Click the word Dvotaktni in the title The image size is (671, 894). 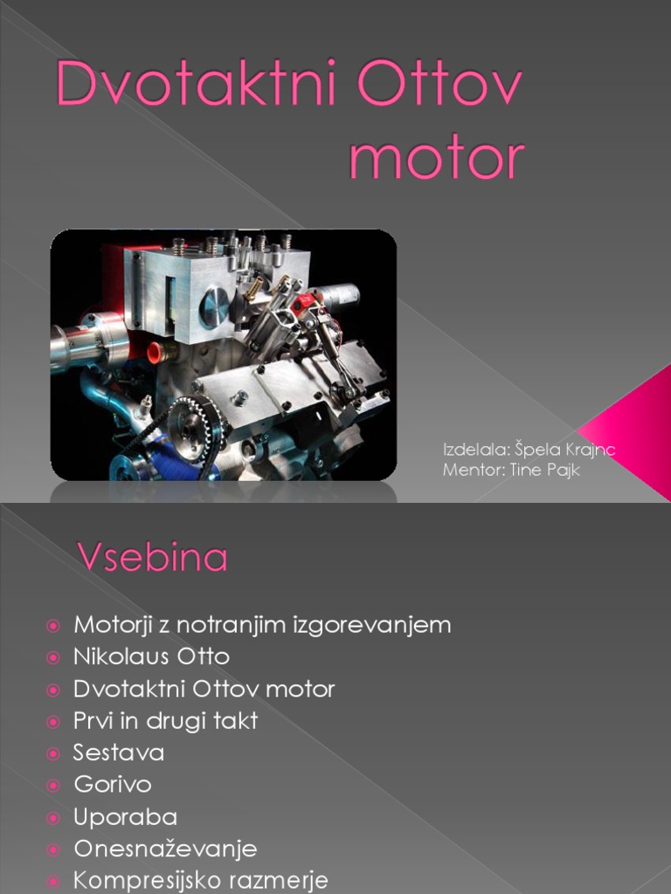coord(197,86)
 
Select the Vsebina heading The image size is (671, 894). coord(154,558)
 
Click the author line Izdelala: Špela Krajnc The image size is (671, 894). coord(529,450)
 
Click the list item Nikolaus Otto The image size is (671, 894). coord(151,657)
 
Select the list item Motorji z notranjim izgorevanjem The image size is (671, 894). coord(262,625)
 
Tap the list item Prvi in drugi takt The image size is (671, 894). coord(165,721)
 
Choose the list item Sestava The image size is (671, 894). coord(119,753)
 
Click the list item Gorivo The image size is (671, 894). coord(113,785)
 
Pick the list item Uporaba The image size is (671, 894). coord(126,817)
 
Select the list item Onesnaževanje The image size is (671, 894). coord(165,849)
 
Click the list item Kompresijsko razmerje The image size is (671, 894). coord(201,880)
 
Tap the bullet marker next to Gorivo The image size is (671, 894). coord(54,785)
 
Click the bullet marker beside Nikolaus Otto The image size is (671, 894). coord(54,657)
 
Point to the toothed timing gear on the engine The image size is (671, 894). coord(192,425)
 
